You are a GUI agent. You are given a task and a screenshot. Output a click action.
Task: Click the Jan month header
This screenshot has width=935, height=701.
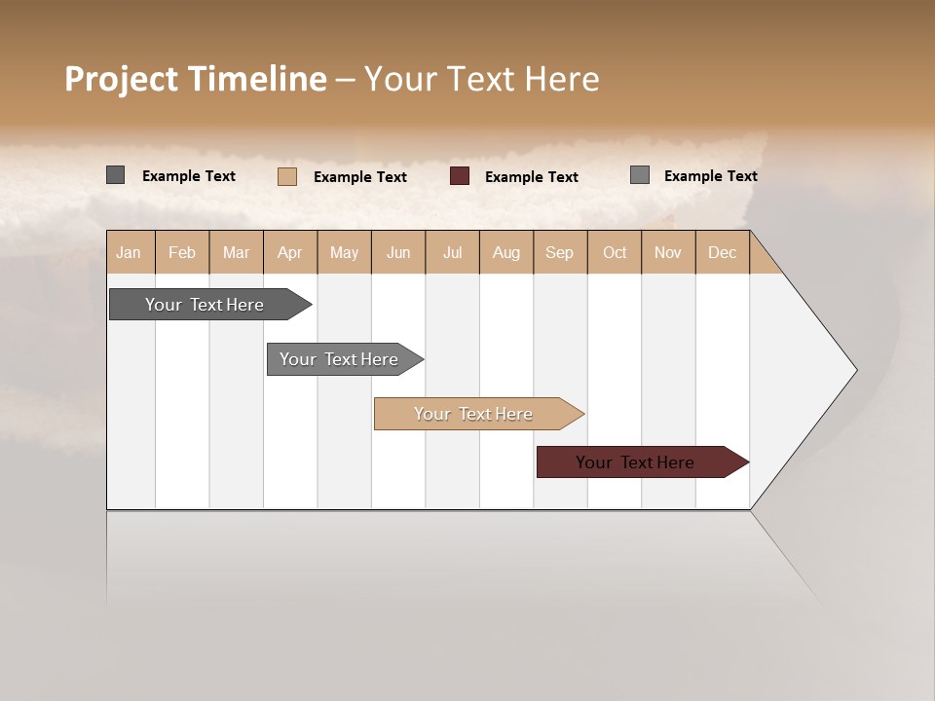(129, 252)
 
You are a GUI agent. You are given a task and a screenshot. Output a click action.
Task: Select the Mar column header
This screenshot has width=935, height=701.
(236, 252)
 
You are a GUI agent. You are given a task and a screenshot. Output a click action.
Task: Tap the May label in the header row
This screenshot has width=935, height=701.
(344, 252)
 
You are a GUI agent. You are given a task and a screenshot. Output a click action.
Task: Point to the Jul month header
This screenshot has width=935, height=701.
(452, 252)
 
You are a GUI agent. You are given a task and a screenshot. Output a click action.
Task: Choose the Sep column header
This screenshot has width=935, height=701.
(559, 252)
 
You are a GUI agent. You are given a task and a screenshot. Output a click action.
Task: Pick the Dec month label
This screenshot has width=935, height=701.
(722, 252)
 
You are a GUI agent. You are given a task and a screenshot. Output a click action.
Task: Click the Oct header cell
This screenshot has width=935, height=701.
(615, 252)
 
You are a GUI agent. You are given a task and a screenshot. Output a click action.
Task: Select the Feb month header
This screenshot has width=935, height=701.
(182, 252)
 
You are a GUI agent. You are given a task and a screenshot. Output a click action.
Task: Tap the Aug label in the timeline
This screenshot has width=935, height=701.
(505, 252)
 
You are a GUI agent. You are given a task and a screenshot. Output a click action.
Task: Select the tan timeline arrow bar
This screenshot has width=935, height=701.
(474, 414)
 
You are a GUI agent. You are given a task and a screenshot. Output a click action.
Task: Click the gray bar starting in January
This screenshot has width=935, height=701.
(206, 305)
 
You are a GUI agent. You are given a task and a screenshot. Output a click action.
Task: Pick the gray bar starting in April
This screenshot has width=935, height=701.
(340, 359)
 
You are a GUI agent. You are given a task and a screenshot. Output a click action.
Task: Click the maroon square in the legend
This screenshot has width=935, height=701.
(460, 176)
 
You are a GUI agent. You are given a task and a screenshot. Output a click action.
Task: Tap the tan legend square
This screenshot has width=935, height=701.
(287, 176)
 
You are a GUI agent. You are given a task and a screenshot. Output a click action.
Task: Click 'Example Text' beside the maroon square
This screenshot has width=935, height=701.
(531, 177)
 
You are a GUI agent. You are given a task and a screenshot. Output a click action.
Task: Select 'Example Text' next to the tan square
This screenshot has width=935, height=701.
(359, 177)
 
